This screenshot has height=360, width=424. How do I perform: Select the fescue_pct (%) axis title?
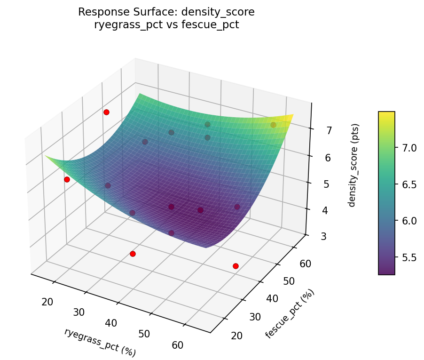pos(290,313)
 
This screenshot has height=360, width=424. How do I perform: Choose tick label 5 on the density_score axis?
pos(327,184)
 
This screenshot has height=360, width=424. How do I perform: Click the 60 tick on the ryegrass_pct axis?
pos(178,345)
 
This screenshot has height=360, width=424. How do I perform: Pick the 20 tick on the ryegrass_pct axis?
pos(47,302)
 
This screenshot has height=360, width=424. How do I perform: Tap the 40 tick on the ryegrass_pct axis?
pos(111,323)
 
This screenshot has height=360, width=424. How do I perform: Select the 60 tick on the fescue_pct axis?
pos(305,264)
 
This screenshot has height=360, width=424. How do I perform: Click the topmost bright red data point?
pos(106,112)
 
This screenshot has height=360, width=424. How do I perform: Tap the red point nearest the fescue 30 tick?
pos(236,266)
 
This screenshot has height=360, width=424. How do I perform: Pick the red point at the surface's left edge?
pos(67,179)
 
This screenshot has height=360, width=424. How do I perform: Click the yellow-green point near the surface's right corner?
pos(273,125)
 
